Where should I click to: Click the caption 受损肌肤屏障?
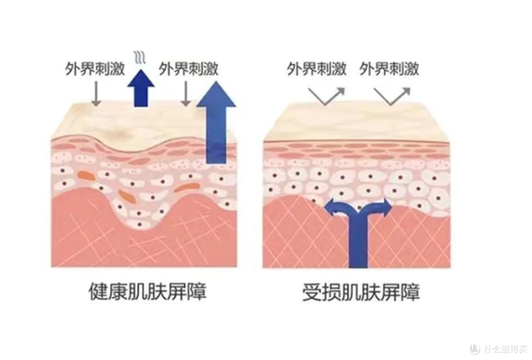click(x=361, y=292)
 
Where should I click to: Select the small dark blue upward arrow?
click(x=141, y=88)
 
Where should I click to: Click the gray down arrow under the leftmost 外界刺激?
click(x=97, y=93)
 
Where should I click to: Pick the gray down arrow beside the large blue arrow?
click(x=186, y=93)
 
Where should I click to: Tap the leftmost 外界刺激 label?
click(x=95, y=69)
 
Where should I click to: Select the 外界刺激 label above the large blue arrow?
click(x=189, y=69)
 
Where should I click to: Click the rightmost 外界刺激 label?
click(x=389, y=69)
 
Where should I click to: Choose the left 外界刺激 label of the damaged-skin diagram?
click(x=317, y=69)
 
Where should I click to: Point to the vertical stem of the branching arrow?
click(x=359, y=241)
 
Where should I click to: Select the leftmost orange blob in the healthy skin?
click(x=86, y=175)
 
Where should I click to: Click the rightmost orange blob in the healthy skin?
click(x=187, y=187)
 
